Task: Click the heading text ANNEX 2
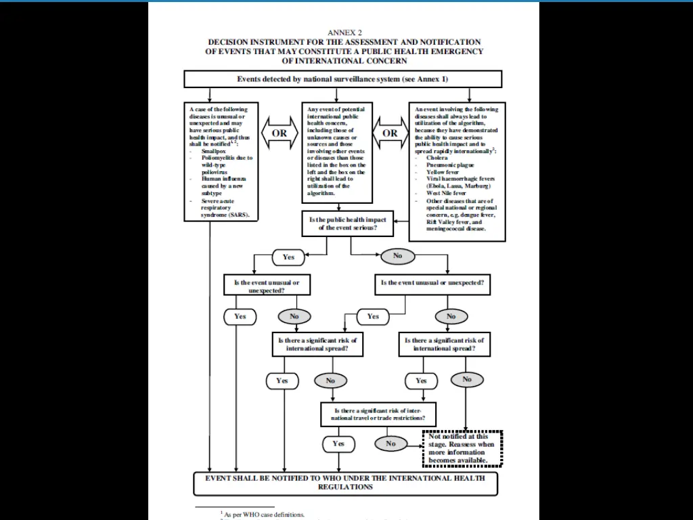coord(349,32)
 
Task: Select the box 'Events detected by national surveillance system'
coord(342,79)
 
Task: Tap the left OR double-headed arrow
coord(280,133)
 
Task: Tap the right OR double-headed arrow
coord(390,133)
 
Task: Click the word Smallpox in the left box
coord(214,151)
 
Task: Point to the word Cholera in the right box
coord(437,158)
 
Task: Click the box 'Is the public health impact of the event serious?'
coord(348,224)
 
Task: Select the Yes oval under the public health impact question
coord(288,257)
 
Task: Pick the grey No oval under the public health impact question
coord(397,256)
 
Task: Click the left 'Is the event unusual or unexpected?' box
coord(267,286)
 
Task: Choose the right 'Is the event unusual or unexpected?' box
coord(432,283)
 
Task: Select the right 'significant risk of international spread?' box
coord(444,344)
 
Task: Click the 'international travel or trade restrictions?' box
coord(378,414)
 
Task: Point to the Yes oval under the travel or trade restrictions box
coord(338,444)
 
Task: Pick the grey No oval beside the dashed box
coord(391,444)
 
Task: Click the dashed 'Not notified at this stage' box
coord(463,448)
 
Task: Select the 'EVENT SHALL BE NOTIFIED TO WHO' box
coord(345,483)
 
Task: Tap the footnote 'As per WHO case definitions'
coord(264,515)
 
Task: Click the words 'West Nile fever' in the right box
coord(445,193)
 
